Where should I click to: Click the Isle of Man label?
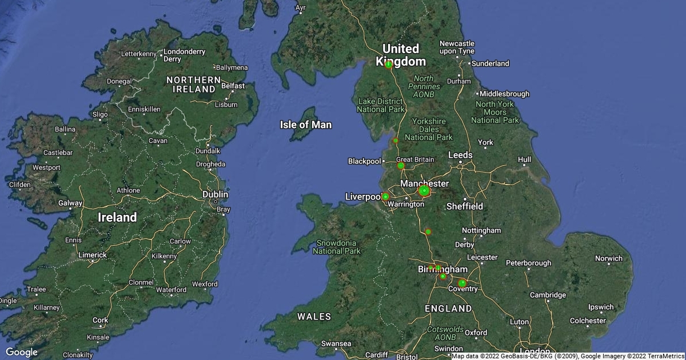coord(306,125)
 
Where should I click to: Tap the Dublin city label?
coord(216,195)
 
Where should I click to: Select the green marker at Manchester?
coord(424,191)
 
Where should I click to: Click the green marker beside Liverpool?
coord(385,197)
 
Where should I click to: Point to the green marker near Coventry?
coord(462,283)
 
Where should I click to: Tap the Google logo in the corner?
coord(22,352)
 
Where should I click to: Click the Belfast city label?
coord(233,86)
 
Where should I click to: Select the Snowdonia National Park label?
coord(337,247)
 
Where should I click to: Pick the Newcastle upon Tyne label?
coord(456,47)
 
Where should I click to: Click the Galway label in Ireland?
coord(70,203)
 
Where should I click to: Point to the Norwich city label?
coord(608,258)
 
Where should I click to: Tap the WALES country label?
coord(314,317)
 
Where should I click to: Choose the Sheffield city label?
coord(464,206)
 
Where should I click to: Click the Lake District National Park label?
coord(381,105)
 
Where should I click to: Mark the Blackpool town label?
coord(364,161)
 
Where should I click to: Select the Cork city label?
coord(100,321)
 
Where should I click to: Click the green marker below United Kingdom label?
coord(389,65)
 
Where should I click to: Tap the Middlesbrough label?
coord(504,94)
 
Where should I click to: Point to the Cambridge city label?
coord(547,295)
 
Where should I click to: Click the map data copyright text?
coord(568,356)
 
